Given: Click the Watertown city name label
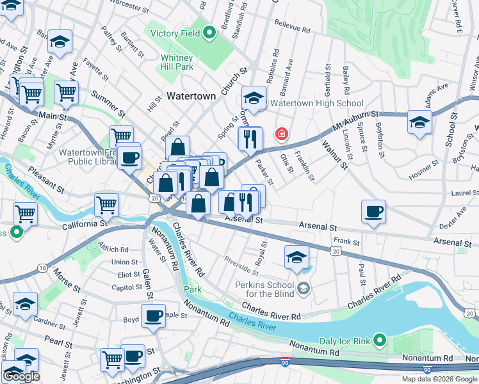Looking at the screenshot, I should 191,96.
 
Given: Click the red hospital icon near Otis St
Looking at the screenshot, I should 280,134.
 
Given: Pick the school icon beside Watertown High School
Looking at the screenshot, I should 254,99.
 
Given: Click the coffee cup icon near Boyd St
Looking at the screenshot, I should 153,316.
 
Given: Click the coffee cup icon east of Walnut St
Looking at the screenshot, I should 373,211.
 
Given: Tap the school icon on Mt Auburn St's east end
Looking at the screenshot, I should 419,122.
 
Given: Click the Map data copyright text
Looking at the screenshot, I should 439,379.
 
